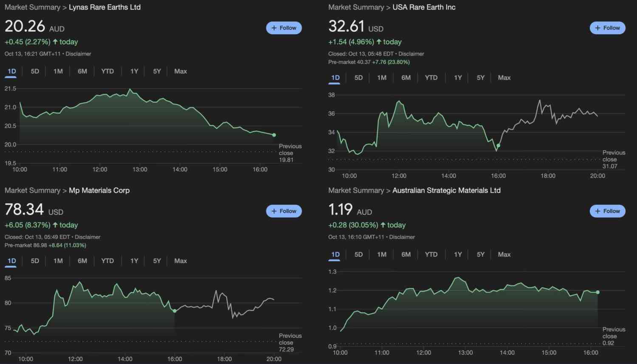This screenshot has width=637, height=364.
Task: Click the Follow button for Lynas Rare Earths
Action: (x=284, y=28)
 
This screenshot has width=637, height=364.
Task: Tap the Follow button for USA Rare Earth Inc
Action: (x=607, y=28)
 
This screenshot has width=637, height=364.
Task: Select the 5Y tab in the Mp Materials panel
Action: (x=157, y=261)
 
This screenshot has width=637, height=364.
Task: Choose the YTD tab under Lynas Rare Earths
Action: (x=107, y=71)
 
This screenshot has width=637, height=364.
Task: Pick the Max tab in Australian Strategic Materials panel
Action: (x=504, y=255)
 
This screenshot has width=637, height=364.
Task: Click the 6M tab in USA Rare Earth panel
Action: (x=406, y=78)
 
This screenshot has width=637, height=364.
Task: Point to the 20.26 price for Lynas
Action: (x=25, y=26)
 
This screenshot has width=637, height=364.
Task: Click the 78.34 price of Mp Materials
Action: (x=24, y=210)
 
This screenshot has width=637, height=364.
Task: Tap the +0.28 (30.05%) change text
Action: (x=353, y=225)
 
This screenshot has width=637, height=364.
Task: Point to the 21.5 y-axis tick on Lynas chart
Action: (x=10, y=89)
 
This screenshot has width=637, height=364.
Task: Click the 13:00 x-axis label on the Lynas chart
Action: (x=140, y=170)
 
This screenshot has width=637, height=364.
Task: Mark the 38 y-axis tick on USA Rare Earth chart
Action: (x=332, y=95)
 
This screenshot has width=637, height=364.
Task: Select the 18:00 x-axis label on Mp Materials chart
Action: (x=224, y=359)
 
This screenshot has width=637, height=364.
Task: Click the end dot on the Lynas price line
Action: (x=274, y=135)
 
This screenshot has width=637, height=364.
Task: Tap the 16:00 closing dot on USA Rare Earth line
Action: (x=498, y=146)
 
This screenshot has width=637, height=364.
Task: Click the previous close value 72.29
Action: (x=286, y=350)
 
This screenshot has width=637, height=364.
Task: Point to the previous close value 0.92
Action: (x=608, y=343)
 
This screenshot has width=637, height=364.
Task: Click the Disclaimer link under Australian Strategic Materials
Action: (x=402, y=237)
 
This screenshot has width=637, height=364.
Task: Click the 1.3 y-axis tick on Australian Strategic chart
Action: (x=332, y=272)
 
